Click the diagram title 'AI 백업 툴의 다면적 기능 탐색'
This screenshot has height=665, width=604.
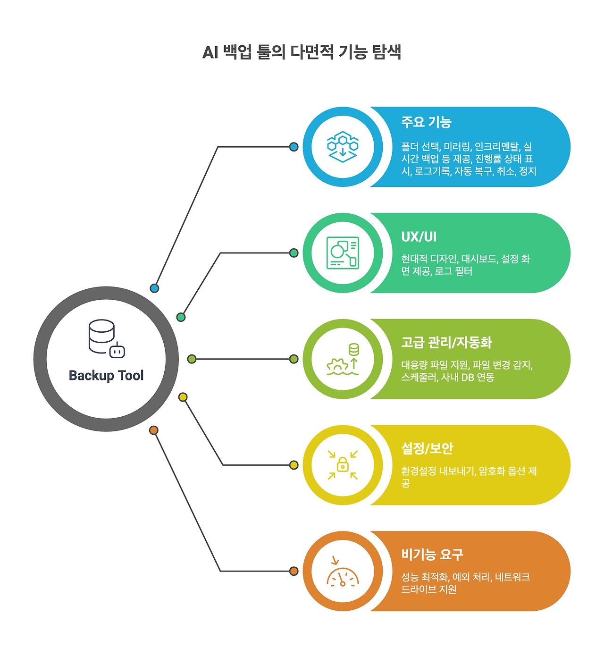coord(302,52)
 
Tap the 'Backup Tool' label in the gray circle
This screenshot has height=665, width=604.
coord(106,376)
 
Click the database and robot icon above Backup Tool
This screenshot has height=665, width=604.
coord(107,339)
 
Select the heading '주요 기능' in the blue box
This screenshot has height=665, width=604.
coord(426,122)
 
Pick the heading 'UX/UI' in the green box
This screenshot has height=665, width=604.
coord(419,236)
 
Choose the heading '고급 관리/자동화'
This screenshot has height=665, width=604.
coord(446,342)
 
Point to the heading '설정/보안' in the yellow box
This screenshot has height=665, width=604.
coord(427,448)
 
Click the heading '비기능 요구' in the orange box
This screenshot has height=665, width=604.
coord(432,554)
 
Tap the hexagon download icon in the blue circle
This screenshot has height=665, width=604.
coord(343,147)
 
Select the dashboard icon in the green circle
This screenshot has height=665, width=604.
coord(343,253)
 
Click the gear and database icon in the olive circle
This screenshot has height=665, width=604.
coord(343,359)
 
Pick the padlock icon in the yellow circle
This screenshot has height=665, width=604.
coord(343,465)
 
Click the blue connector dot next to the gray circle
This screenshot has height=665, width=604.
coord(154,288)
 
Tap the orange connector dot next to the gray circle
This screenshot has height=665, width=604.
coord(153,430)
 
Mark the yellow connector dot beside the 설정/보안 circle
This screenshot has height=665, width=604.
coord(294,465)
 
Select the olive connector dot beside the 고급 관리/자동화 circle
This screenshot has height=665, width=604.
coord(294,359)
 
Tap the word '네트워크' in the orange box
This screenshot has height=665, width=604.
coord(512,577)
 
